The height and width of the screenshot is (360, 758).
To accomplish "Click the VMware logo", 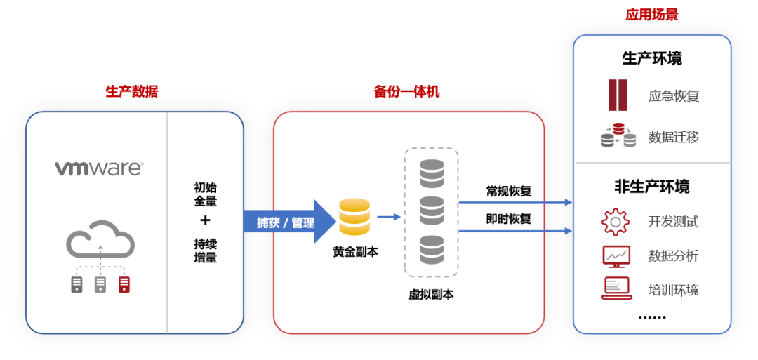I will pyautogui.click(x=99, y=168).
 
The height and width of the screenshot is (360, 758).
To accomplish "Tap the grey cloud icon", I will pyautogui.click(x=100, y=241).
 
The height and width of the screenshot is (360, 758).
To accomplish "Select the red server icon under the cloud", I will pyautogui.click(x=124, y=284).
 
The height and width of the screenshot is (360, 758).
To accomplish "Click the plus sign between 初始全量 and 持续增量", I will pyautogui.click(x=205, y=220).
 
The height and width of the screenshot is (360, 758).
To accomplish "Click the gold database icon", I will pyautogui.click(x=354, y=218).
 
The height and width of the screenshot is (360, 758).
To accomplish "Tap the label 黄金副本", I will pyautogui.click(x=355, y=251).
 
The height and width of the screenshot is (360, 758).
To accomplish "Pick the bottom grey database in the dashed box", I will pyautogui.click(x=432, y=249).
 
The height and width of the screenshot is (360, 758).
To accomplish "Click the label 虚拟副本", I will pyautogui.click(x=431, y=295).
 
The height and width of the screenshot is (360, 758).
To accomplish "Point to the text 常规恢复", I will pyautogui.click(x=509, y=191).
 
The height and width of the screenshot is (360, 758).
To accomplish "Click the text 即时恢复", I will pyautogui.click(x=509, y=219).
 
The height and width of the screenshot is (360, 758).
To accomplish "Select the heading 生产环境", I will pyautogui.click(x=652, y=58).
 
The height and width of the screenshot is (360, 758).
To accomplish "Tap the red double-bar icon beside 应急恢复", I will pyautogui.click(x=618, y=95).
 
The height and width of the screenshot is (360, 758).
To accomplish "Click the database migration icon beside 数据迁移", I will pyautogui.click(x=618, y=135).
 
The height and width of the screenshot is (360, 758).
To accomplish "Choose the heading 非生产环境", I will pyautogui.click(x=652, y=187).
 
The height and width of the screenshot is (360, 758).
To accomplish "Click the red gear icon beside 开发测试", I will pyautogui.click(x=616, y=222).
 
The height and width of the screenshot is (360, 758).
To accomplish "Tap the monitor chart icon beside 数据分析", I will pyautogui.click(x=616, y=256).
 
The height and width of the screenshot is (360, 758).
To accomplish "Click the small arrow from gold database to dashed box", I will pyautogui.click(x=388, y=217).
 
